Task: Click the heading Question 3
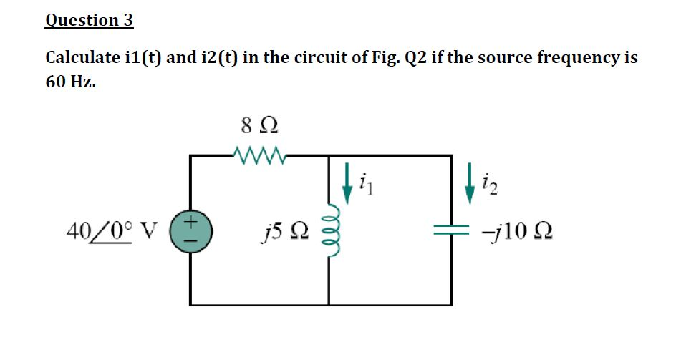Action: point(89,20)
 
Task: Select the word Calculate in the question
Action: point(79,57)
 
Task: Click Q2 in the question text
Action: point(419,57)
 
